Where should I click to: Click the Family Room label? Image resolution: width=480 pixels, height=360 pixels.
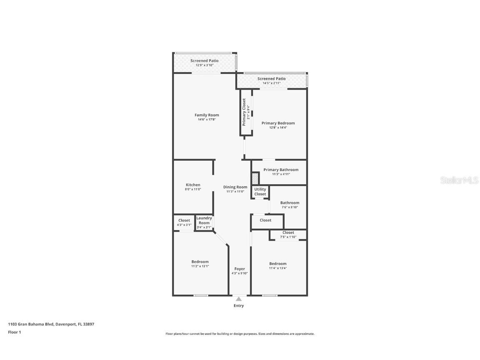[x=207, y=115]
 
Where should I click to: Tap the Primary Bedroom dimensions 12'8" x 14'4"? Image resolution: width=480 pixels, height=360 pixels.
[x=278, y=127]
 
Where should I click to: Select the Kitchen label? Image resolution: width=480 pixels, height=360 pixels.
[x=193, y=185]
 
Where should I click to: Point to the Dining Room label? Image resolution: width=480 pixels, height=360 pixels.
[x=235, y=187]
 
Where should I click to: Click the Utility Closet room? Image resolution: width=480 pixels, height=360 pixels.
[x=260, y=192]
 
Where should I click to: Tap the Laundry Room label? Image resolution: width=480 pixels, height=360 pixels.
[x=204, y=220]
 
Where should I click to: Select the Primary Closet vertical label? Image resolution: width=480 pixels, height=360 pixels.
[x=244, y=112]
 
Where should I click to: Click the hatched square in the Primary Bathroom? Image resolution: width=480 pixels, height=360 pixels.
[x=255, y=179]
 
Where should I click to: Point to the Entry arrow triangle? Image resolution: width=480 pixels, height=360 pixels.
[x=239, y=299]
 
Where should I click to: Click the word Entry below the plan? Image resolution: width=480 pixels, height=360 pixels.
[x=239, y=305]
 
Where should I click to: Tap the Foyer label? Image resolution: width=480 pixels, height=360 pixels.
[x=240, y=269]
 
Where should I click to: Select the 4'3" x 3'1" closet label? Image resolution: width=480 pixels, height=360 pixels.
[x=184, y=225]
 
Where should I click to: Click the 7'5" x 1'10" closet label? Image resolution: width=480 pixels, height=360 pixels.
[x=288, y=237]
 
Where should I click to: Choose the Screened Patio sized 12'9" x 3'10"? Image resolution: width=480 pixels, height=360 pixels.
[x=205, y=63]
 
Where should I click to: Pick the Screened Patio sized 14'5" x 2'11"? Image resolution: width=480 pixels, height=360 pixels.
[x=272, y=81]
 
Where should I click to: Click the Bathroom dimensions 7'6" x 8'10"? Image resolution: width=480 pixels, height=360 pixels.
[x=290, y=207]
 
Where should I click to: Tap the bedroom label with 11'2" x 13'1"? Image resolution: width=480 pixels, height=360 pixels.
[x=200, y=262]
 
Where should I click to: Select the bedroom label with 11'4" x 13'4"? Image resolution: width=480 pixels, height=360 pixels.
[x=278, y=264]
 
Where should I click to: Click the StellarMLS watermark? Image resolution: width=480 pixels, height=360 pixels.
[x=459, y=180]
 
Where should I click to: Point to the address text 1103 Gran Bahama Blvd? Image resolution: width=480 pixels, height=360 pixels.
[x=31, y=324]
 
